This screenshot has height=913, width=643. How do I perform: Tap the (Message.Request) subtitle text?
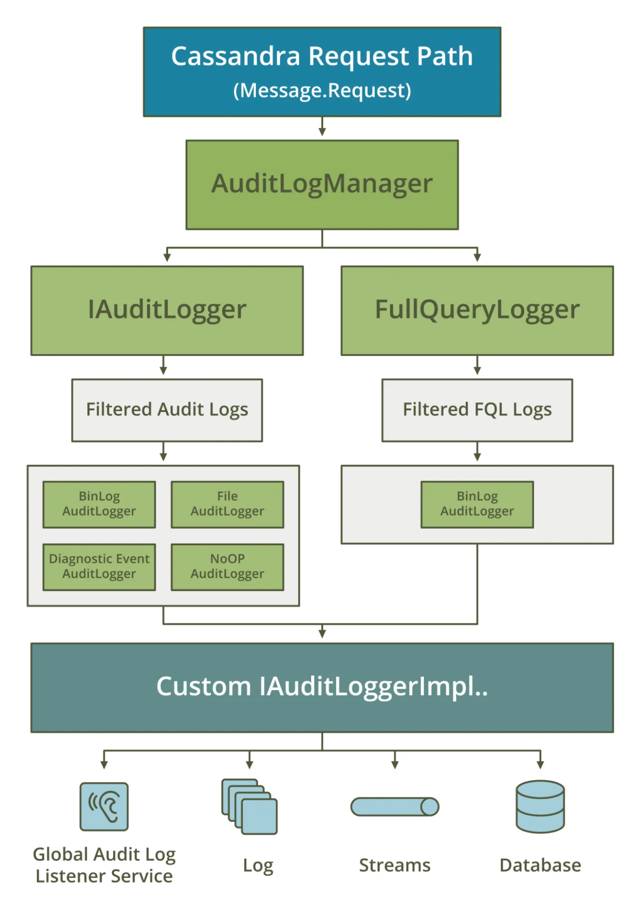322,90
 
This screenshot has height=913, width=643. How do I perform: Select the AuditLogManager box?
322,185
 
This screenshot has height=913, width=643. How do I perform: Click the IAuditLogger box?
167,311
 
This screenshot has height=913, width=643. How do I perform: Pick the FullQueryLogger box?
477,311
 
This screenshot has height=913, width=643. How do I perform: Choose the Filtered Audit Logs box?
167,410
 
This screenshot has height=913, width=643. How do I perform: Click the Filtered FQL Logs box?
477,410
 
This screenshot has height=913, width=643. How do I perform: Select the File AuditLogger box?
227,504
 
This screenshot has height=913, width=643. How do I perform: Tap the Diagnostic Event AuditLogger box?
99,567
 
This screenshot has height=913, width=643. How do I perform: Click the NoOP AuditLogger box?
227,567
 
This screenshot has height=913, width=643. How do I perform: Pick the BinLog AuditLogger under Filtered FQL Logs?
477,504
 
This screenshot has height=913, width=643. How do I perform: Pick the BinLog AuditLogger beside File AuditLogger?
99,504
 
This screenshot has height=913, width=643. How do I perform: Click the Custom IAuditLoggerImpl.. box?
322,687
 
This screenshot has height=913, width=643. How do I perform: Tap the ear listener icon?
104,806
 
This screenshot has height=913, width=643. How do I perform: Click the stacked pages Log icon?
249,807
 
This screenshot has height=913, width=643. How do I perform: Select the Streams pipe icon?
395,807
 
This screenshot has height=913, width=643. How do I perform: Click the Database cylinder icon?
540,806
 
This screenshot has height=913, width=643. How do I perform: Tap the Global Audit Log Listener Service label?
104,865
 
